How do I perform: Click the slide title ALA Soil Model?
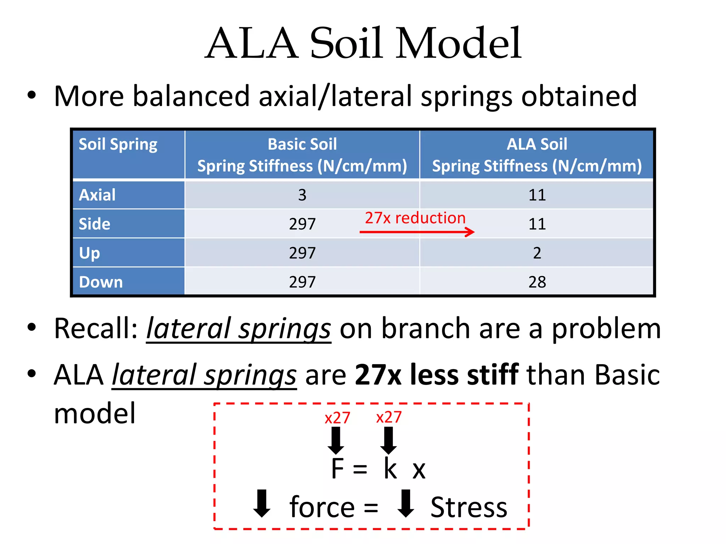click(363, 43)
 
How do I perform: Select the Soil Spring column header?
click(118, 144)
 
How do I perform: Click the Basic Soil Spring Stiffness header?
click(302, 155)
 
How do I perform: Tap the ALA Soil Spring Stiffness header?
click(537, 155)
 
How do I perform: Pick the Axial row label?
click(97, 195)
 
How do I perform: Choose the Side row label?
click(94, 224)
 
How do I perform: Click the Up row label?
click(89, 253)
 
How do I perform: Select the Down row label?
click(101, 282)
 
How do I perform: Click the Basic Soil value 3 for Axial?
click(302, 195)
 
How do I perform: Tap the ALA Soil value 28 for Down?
click(537, 282)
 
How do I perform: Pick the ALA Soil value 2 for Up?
click(537, 253)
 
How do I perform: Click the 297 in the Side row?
click(302, 224)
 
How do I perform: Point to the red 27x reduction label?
click(415, 218)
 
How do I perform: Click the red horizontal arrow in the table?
click(417, 232)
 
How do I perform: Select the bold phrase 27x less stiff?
click(436, 375)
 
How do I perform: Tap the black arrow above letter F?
click(336, 440)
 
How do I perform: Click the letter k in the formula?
click(390, 469)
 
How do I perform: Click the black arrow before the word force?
click(262, 503)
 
